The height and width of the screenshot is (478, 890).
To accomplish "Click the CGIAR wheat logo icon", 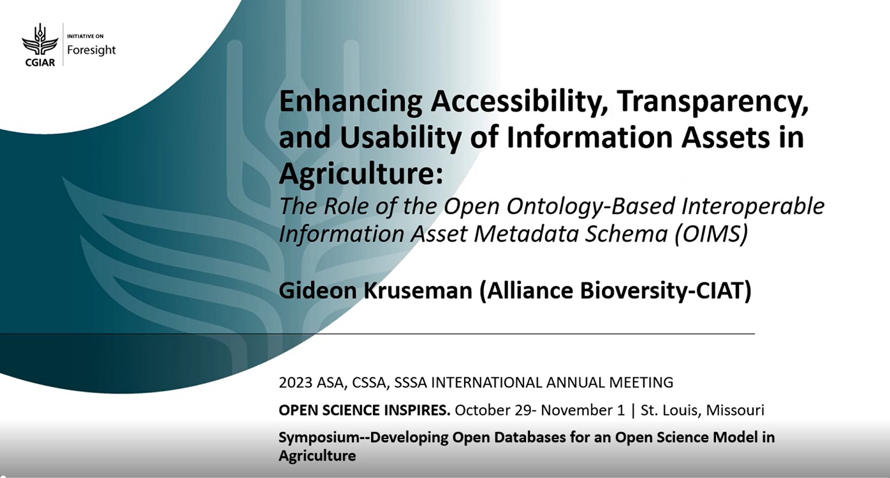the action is tap(40, 40).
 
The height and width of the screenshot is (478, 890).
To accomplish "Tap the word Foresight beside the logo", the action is tap(91, 50).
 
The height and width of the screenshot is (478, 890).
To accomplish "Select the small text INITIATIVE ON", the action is tap(85, 36).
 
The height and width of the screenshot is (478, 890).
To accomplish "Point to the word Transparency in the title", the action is tap(713, 102).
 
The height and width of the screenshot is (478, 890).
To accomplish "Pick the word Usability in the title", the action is tap(400, 137).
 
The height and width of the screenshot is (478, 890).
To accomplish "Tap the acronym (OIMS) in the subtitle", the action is tap(711, 234).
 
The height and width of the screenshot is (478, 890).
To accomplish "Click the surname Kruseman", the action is tap(418, 290).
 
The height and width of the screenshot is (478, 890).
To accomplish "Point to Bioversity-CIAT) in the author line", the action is tap(666, 291).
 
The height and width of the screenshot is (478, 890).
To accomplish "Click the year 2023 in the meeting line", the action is tap(296, 382).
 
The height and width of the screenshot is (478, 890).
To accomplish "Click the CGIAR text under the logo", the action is tap(40, 62).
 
